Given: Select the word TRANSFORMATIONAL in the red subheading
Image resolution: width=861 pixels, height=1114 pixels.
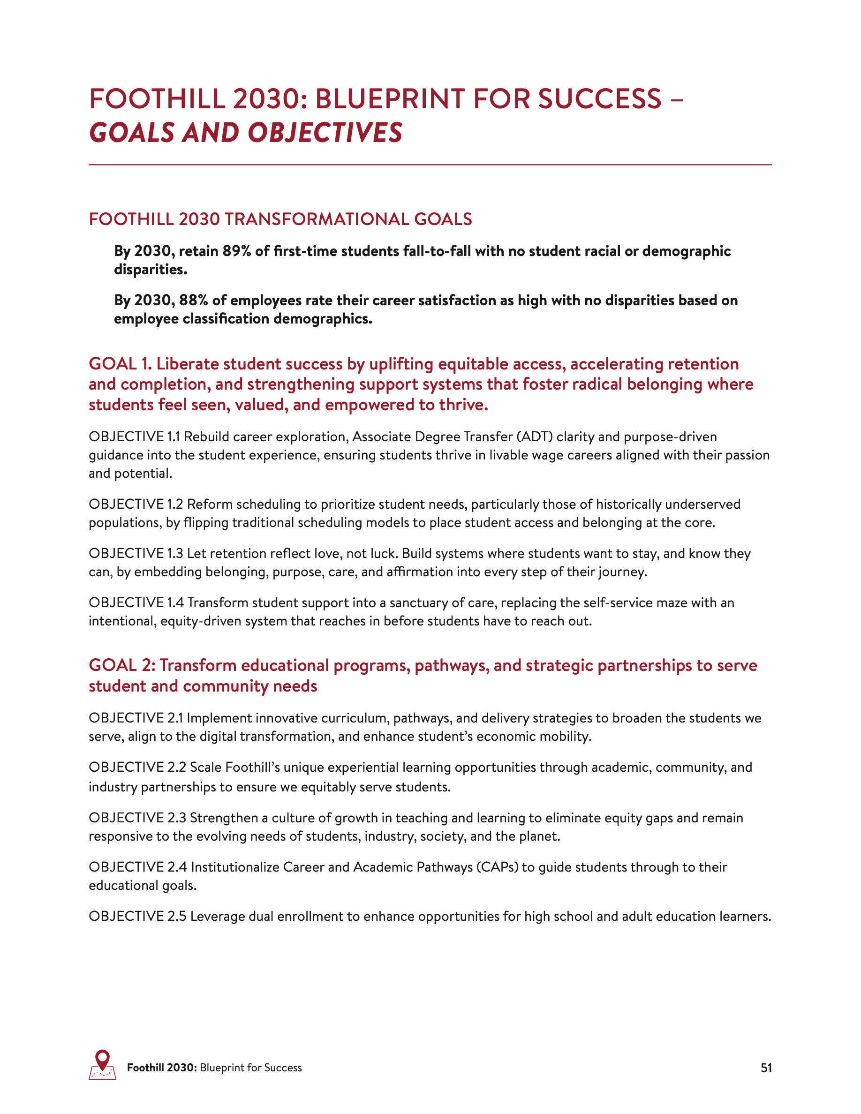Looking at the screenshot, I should [317, 219].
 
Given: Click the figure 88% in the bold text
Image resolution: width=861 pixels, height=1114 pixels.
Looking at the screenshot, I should [193, 301].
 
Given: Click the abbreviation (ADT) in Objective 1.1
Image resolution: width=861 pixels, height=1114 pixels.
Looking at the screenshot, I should [535, 437].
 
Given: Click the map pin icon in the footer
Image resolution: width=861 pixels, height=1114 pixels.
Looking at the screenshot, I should [103, 1065].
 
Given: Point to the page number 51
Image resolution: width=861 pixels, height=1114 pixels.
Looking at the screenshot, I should [766, 1068].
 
